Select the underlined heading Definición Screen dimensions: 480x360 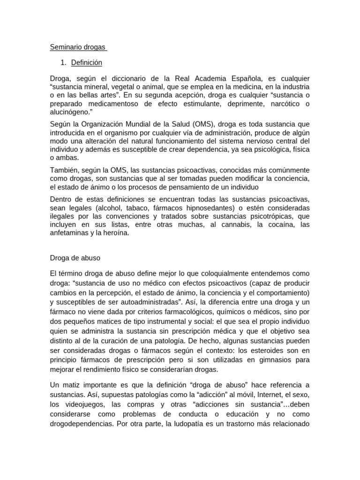87,62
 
